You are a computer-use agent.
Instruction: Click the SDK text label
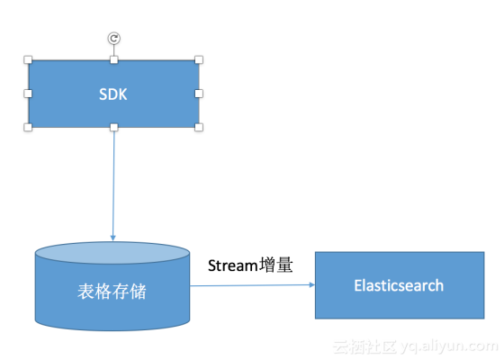click(113, 94)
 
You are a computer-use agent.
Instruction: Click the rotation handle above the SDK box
click(113, 38)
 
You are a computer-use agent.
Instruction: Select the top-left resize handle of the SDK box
click(29, 59)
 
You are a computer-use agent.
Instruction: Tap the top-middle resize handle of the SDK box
click(113, 59)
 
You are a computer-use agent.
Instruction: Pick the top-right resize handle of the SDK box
click(199, 59)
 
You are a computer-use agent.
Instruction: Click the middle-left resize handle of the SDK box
click(29, 94)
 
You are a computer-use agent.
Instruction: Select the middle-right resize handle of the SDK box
click(199, 94)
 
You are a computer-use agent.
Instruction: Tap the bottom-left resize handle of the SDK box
click(29, 128)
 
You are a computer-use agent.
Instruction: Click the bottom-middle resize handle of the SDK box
click(113, 128)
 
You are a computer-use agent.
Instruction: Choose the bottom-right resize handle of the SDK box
click(199, 128)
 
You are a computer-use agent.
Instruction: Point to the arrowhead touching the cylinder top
click(112, 238)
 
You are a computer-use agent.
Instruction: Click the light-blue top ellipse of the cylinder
click(112, 252)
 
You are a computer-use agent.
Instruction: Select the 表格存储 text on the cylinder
click(112, 292)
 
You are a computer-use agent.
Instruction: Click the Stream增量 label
click(250, 265)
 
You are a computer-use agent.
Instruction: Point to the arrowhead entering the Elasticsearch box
click(311, 285)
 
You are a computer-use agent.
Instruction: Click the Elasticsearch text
click(399, 285)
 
